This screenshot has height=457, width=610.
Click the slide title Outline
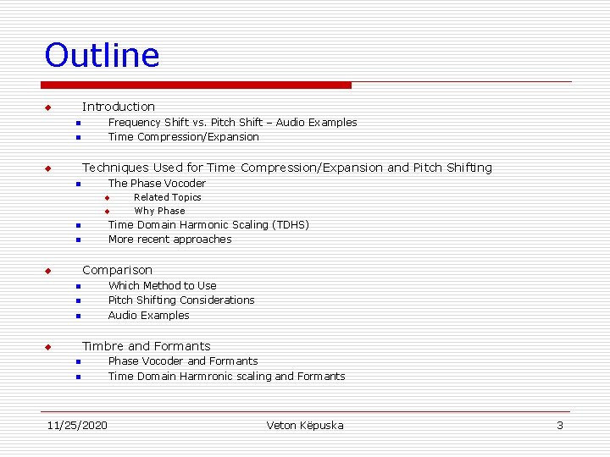pyautogui.click(x=102, y=55)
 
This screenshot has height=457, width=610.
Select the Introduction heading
pyautogui.click(x=119, y=107)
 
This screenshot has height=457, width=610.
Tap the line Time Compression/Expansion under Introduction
pyautogui.click(x=184, y=137)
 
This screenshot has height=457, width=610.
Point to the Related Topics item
pyautogui.click(x=168, y=197)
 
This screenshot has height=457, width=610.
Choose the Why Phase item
pyautogui.click(x=159, y=211)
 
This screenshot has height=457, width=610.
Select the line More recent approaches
pyautogui.click(x=169, y=240)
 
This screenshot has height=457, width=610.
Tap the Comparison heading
pyautogui.click(x=117, y=270)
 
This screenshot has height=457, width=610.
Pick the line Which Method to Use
pyautogui.click(x=162, y=286)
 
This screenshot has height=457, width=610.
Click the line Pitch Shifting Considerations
pyautogui.click(x=181, y=300)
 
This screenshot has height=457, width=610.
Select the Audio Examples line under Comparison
pyautogui.click(x=149, y=316)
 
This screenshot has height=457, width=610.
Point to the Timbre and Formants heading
pyautogui.click(x=146, y=346)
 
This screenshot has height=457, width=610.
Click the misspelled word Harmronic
pyautogui.click(x=209, y=377)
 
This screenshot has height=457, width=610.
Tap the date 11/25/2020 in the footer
pyautogui.click(x=77, y=425)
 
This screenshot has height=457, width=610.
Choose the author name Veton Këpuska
pyautogui.click(x=305, y=425)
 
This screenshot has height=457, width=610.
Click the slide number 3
pyautogui.click(x=559, y=425)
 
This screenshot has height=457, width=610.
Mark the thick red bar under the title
pyautogui.click(x=197, y=85)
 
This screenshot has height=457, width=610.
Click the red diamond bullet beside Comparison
pyautogui.click(x=48, y=271)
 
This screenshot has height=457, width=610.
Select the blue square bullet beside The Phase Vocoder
pyautogui.click(x=76, y=184)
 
